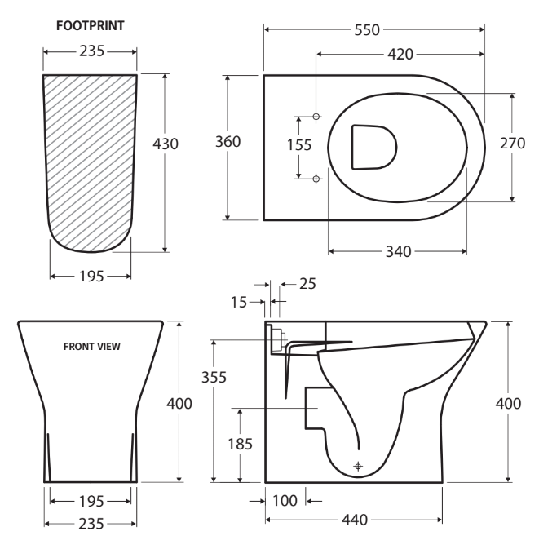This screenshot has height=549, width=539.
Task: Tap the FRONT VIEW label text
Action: tap(92, 347)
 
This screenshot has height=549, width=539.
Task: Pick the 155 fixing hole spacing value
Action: tap(299, 145)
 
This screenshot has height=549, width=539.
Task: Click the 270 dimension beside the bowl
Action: tap(511, 143)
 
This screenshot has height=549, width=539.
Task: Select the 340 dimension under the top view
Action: tap(398, 250)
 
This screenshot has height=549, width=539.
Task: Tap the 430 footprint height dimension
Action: tap(166, 143)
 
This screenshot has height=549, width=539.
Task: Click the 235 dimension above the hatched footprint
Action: tap(90, 51)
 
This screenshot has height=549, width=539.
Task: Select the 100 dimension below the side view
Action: tap(285, 499)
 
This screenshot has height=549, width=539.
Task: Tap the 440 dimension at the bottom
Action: tap(353, 520)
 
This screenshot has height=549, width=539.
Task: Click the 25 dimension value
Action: tap(307, 283)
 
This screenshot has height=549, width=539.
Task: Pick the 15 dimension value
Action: tap(239, 302)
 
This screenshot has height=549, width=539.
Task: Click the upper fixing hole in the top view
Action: tap(316, 117)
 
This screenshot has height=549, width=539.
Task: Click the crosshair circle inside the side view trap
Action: tap(356, 465)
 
